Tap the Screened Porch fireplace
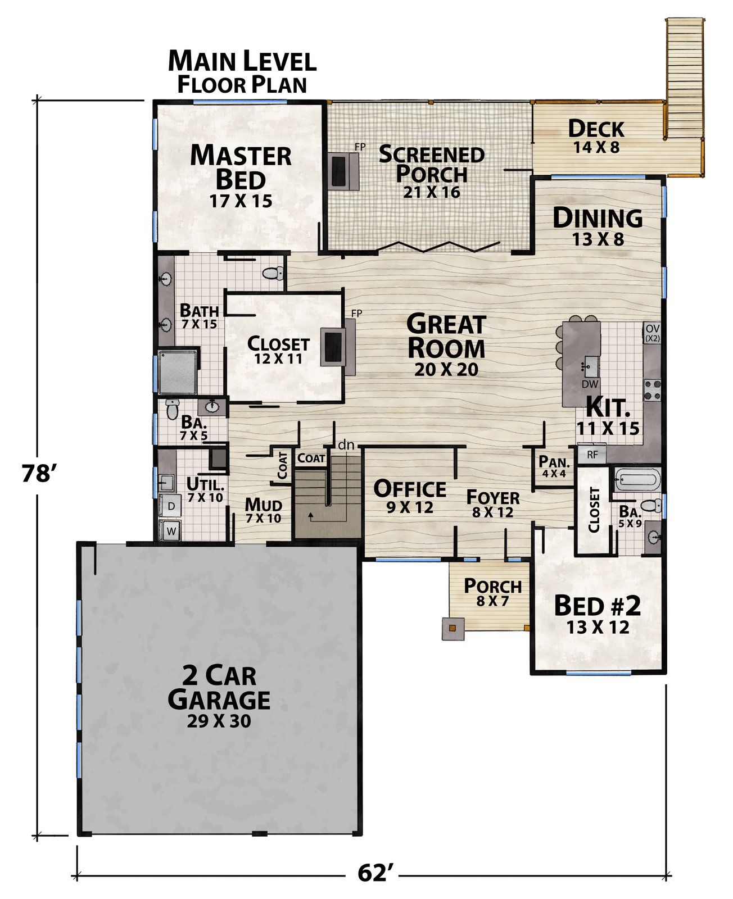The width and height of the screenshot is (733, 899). [343, 170]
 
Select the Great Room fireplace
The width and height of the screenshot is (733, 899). [337, 347]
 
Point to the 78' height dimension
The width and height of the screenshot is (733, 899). [38, 473]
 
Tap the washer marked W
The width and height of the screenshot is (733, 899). [170, 530]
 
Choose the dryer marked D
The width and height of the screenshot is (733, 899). [170, 506]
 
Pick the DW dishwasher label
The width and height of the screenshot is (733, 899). [590, 384]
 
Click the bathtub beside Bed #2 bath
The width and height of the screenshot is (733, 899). [637, 479]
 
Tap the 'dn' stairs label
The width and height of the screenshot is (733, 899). [346, 445]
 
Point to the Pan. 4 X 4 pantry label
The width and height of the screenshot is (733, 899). [554, 466]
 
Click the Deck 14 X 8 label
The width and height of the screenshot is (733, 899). [596, 137]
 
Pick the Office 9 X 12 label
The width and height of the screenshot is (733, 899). [410, 497]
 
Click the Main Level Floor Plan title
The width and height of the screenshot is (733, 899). [242, 72]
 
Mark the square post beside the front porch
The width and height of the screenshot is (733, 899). [453, 629]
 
